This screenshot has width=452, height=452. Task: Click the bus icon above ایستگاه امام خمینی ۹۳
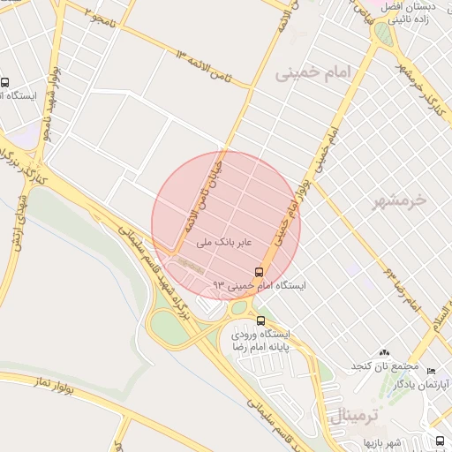(x=259, y=271)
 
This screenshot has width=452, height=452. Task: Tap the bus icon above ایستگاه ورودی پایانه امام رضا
(x=260, y=320)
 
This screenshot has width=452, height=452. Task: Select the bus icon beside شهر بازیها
(x=440, y=441)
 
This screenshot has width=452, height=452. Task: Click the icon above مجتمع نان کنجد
(x=385, y=352)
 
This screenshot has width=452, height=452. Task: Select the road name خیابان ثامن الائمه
(x=202, y=193)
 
